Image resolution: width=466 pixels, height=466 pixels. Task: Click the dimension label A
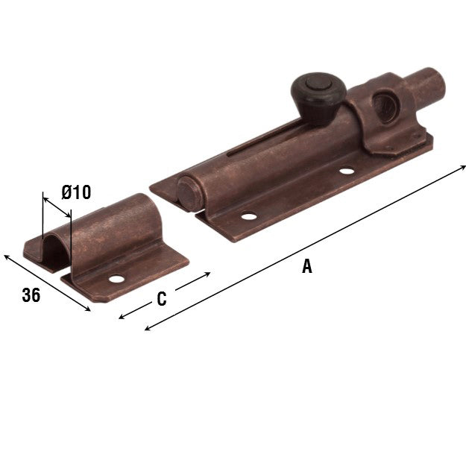coord(306,267)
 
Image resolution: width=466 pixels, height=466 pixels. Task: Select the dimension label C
coord(161,300)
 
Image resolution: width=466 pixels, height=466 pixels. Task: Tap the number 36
coord(31,295)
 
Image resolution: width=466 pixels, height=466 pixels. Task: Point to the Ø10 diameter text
coord(76,192)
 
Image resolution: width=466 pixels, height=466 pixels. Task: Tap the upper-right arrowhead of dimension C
coord(209,275)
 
